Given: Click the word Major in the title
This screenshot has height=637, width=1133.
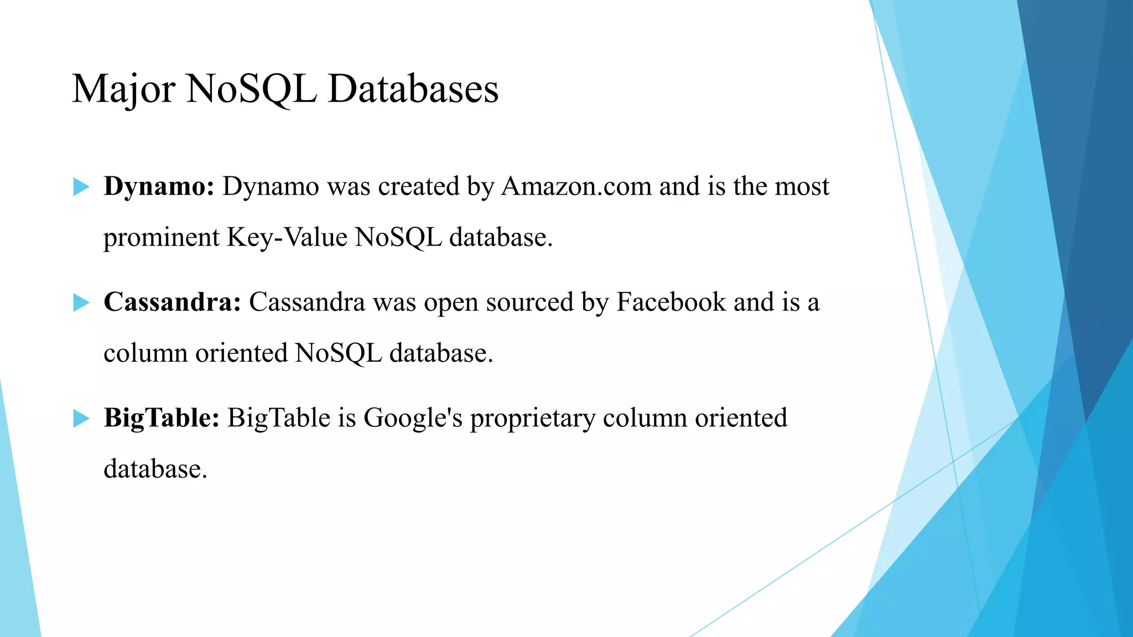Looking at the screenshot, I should pos(123,89).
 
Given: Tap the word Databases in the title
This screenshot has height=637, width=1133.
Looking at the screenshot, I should pos(413,89).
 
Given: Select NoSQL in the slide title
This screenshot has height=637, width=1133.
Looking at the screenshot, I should pos(252,89).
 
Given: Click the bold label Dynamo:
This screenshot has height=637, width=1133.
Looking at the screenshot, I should pos(159,187).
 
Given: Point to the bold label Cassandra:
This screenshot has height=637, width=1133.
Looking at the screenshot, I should pos(172,302).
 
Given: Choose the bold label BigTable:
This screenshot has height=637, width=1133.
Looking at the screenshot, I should pos(162,418).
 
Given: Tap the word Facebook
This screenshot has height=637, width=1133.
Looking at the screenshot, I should pos(671,302).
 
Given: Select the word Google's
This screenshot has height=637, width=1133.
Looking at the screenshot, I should pos(413,418).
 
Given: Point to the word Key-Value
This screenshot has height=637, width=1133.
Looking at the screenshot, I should pos(287,238).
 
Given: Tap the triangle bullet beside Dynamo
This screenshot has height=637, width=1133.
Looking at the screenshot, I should pos(81,187).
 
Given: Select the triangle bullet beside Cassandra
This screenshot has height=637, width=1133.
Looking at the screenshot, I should pos(81,302).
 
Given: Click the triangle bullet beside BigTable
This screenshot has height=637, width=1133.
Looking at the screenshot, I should pos(81,419).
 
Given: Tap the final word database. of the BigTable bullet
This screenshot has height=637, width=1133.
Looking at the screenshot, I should pos(155,469).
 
